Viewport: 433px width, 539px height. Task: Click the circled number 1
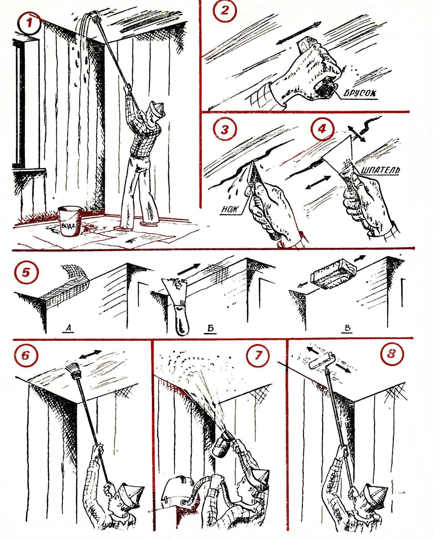coord(29,25)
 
